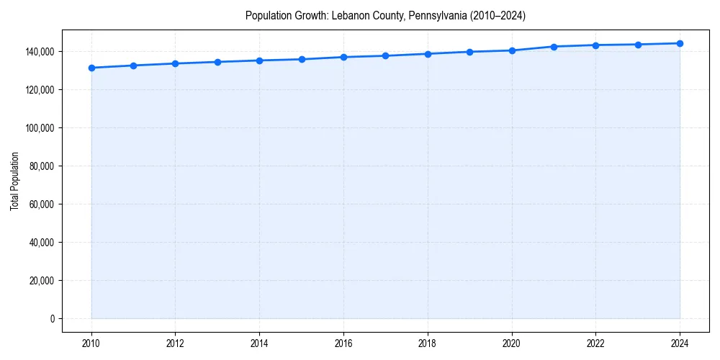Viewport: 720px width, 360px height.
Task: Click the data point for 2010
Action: tap(91, 68)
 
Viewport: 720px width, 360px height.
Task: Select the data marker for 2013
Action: tap(217, 62)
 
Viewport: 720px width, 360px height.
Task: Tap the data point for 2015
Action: tap(302, 59)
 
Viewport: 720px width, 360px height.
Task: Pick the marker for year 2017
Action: tap(385, 55)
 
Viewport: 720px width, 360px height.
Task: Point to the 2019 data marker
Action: tap(469, 52)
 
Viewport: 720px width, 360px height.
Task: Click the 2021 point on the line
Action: tap(554, 47)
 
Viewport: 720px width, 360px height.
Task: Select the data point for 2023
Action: tap(638, 45)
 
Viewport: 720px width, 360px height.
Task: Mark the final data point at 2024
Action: tap(680, 43)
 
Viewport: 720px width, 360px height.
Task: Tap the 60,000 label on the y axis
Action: tap(42, 204)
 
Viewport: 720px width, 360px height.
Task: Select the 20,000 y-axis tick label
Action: tap(42, 281)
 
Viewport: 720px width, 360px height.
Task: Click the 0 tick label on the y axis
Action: tap(52, 319)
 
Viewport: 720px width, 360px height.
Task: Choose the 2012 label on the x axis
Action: tap(175, 343)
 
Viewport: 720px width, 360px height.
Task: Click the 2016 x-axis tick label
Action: tap(343, 343)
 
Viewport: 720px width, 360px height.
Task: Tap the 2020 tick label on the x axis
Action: tap(511, 343)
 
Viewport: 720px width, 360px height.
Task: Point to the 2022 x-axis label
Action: tap(595, 343)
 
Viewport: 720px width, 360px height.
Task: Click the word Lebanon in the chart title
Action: tap(349, 15)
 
